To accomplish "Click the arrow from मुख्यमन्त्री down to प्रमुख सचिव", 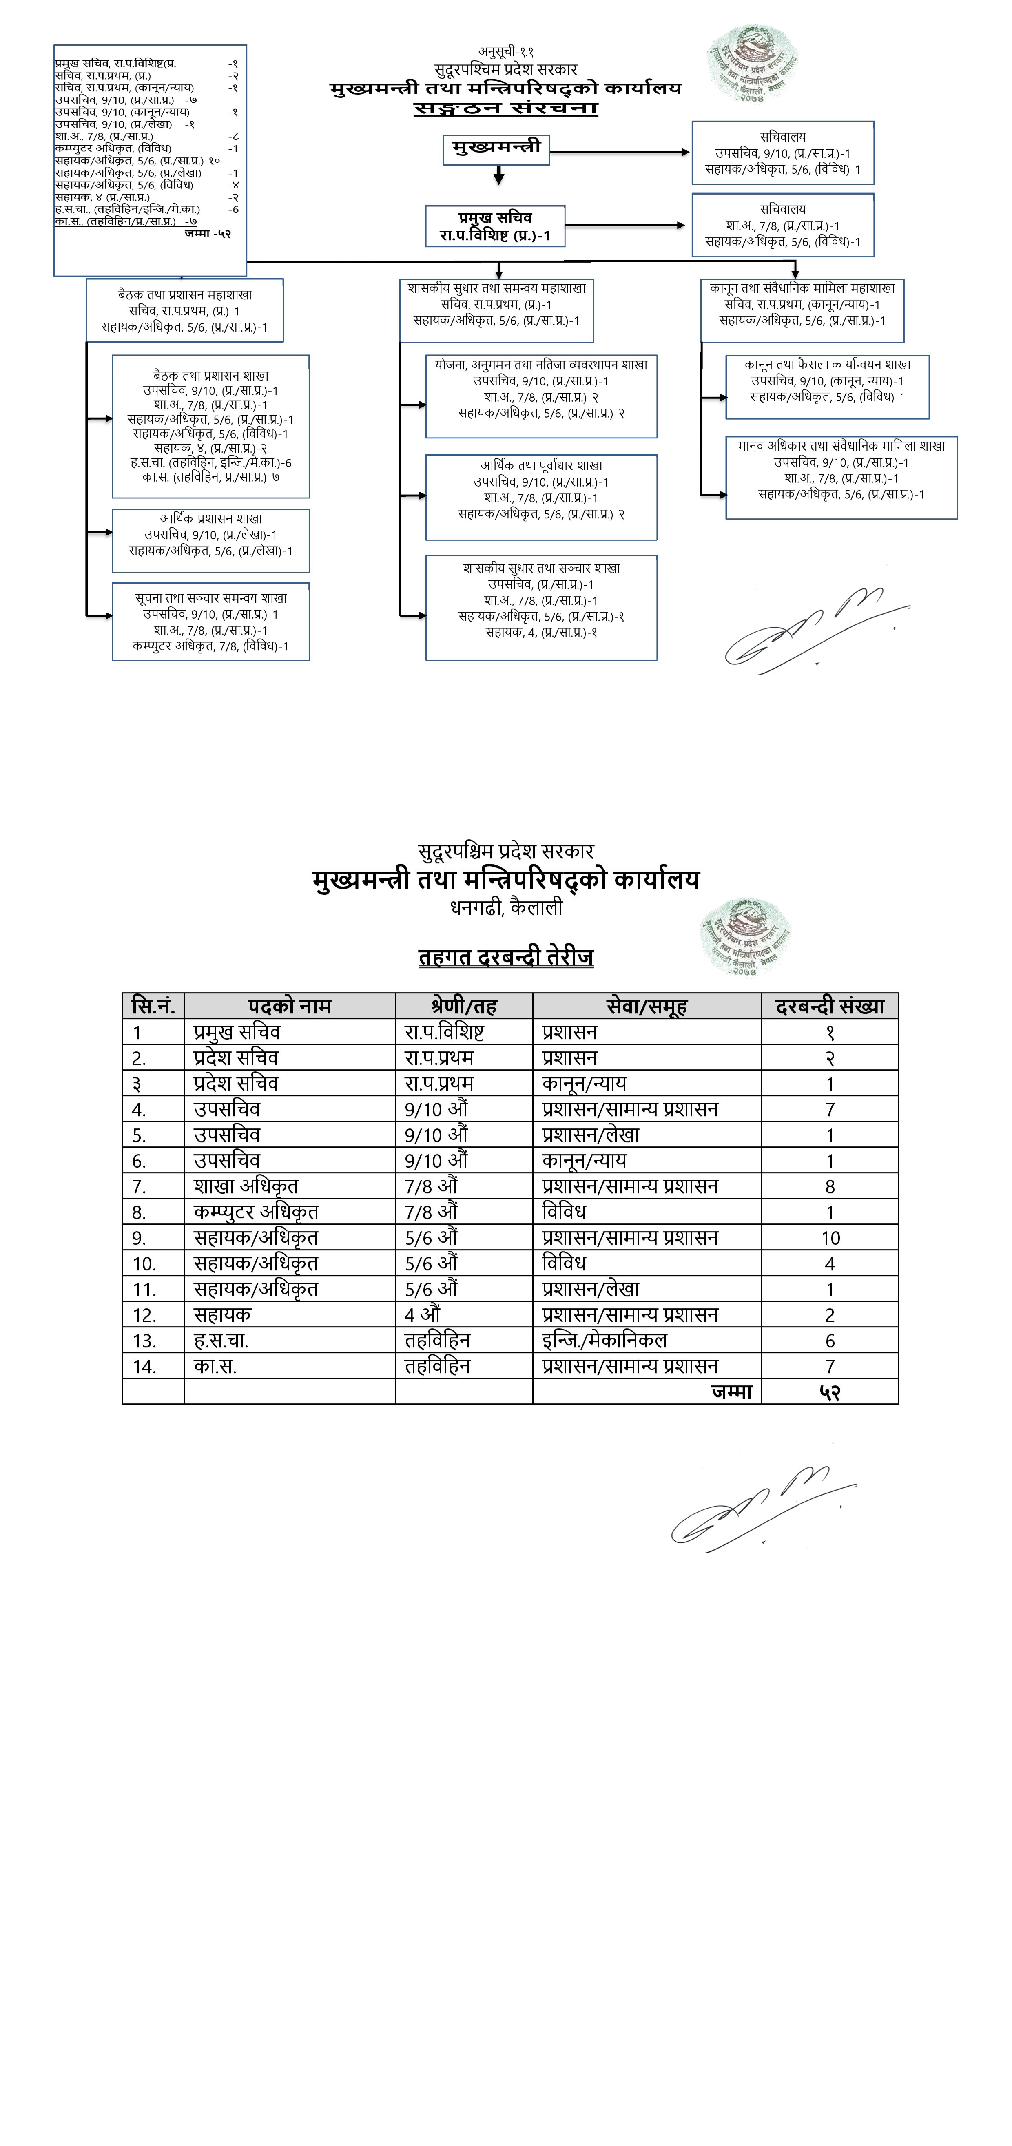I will click(498, 175).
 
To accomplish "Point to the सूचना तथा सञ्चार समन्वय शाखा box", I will click(211, 622).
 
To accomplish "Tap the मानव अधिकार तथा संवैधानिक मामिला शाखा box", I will click(841, 477).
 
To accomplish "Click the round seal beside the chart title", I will click(752, 63).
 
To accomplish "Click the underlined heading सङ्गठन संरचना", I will click(505, 108).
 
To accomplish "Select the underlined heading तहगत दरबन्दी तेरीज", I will click(505, 957).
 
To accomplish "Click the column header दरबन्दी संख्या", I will click(830, 1007).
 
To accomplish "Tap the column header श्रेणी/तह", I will click(464, 1007).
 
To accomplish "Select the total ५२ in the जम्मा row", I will click(830, 1392).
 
